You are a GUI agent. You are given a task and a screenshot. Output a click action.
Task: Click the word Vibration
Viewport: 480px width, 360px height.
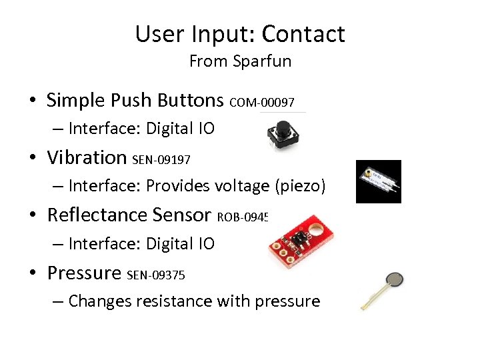87,157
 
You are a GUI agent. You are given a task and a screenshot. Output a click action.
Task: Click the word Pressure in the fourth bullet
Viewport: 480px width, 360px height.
83,273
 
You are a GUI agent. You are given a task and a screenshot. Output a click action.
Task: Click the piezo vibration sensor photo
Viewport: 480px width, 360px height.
378,181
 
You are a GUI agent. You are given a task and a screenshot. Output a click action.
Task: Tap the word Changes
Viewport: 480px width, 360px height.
99,301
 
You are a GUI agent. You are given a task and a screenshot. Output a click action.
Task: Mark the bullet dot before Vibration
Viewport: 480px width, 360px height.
32,158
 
